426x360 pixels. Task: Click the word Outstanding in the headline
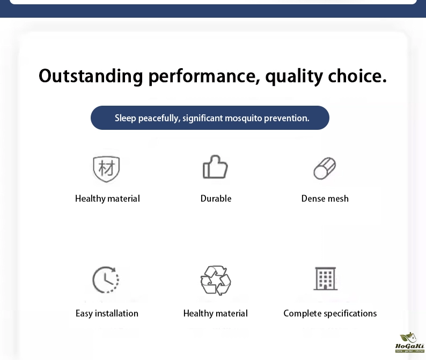(91, 76)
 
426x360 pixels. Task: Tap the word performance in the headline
(204, 77)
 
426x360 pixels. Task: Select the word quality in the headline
(294, 77)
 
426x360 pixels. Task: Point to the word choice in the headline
(357, 76)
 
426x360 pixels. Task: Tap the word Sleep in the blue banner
(125, 118)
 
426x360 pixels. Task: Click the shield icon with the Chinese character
(106, 168)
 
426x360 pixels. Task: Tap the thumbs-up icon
(215, 167)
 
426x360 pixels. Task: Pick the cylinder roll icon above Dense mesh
(325, 168)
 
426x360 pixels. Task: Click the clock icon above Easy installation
(106, 280)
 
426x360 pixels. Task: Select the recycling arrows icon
(216, 281)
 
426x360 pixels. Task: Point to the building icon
(326, 278)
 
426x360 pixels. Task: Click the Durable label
(216, 199)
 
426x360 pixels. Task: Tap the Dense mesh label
(325, 199)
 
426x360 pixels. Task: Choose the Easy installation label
(107, 313)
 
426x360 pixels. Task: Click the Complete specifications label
(330, 313)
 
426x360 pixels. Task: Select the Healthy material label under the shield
(108, 199)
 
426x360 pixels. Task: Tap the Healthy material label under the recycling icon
(216, 313)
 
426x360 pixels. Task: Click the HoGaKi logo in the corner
(410, 343)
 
